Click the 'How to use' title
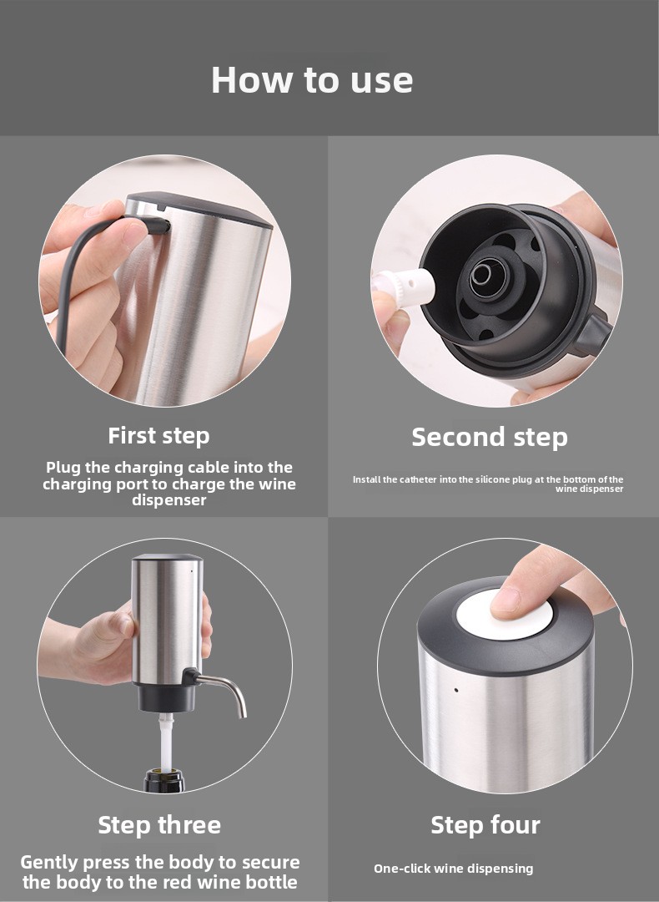[312, 79]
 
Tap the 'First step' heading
[158, 436]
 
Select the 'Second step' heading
[490, 437]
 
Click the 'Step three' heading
[159, 825]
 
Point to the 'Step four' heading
[485, 825]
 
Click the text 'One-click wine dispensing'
[453, 868]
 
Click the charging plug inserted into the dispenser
[154, 225]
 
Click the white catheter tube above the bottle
[166, 742]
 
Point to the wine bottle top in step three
[164, 780]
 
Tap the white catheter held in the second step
[405, 284]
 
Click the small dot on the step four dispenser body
[456, 689]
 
